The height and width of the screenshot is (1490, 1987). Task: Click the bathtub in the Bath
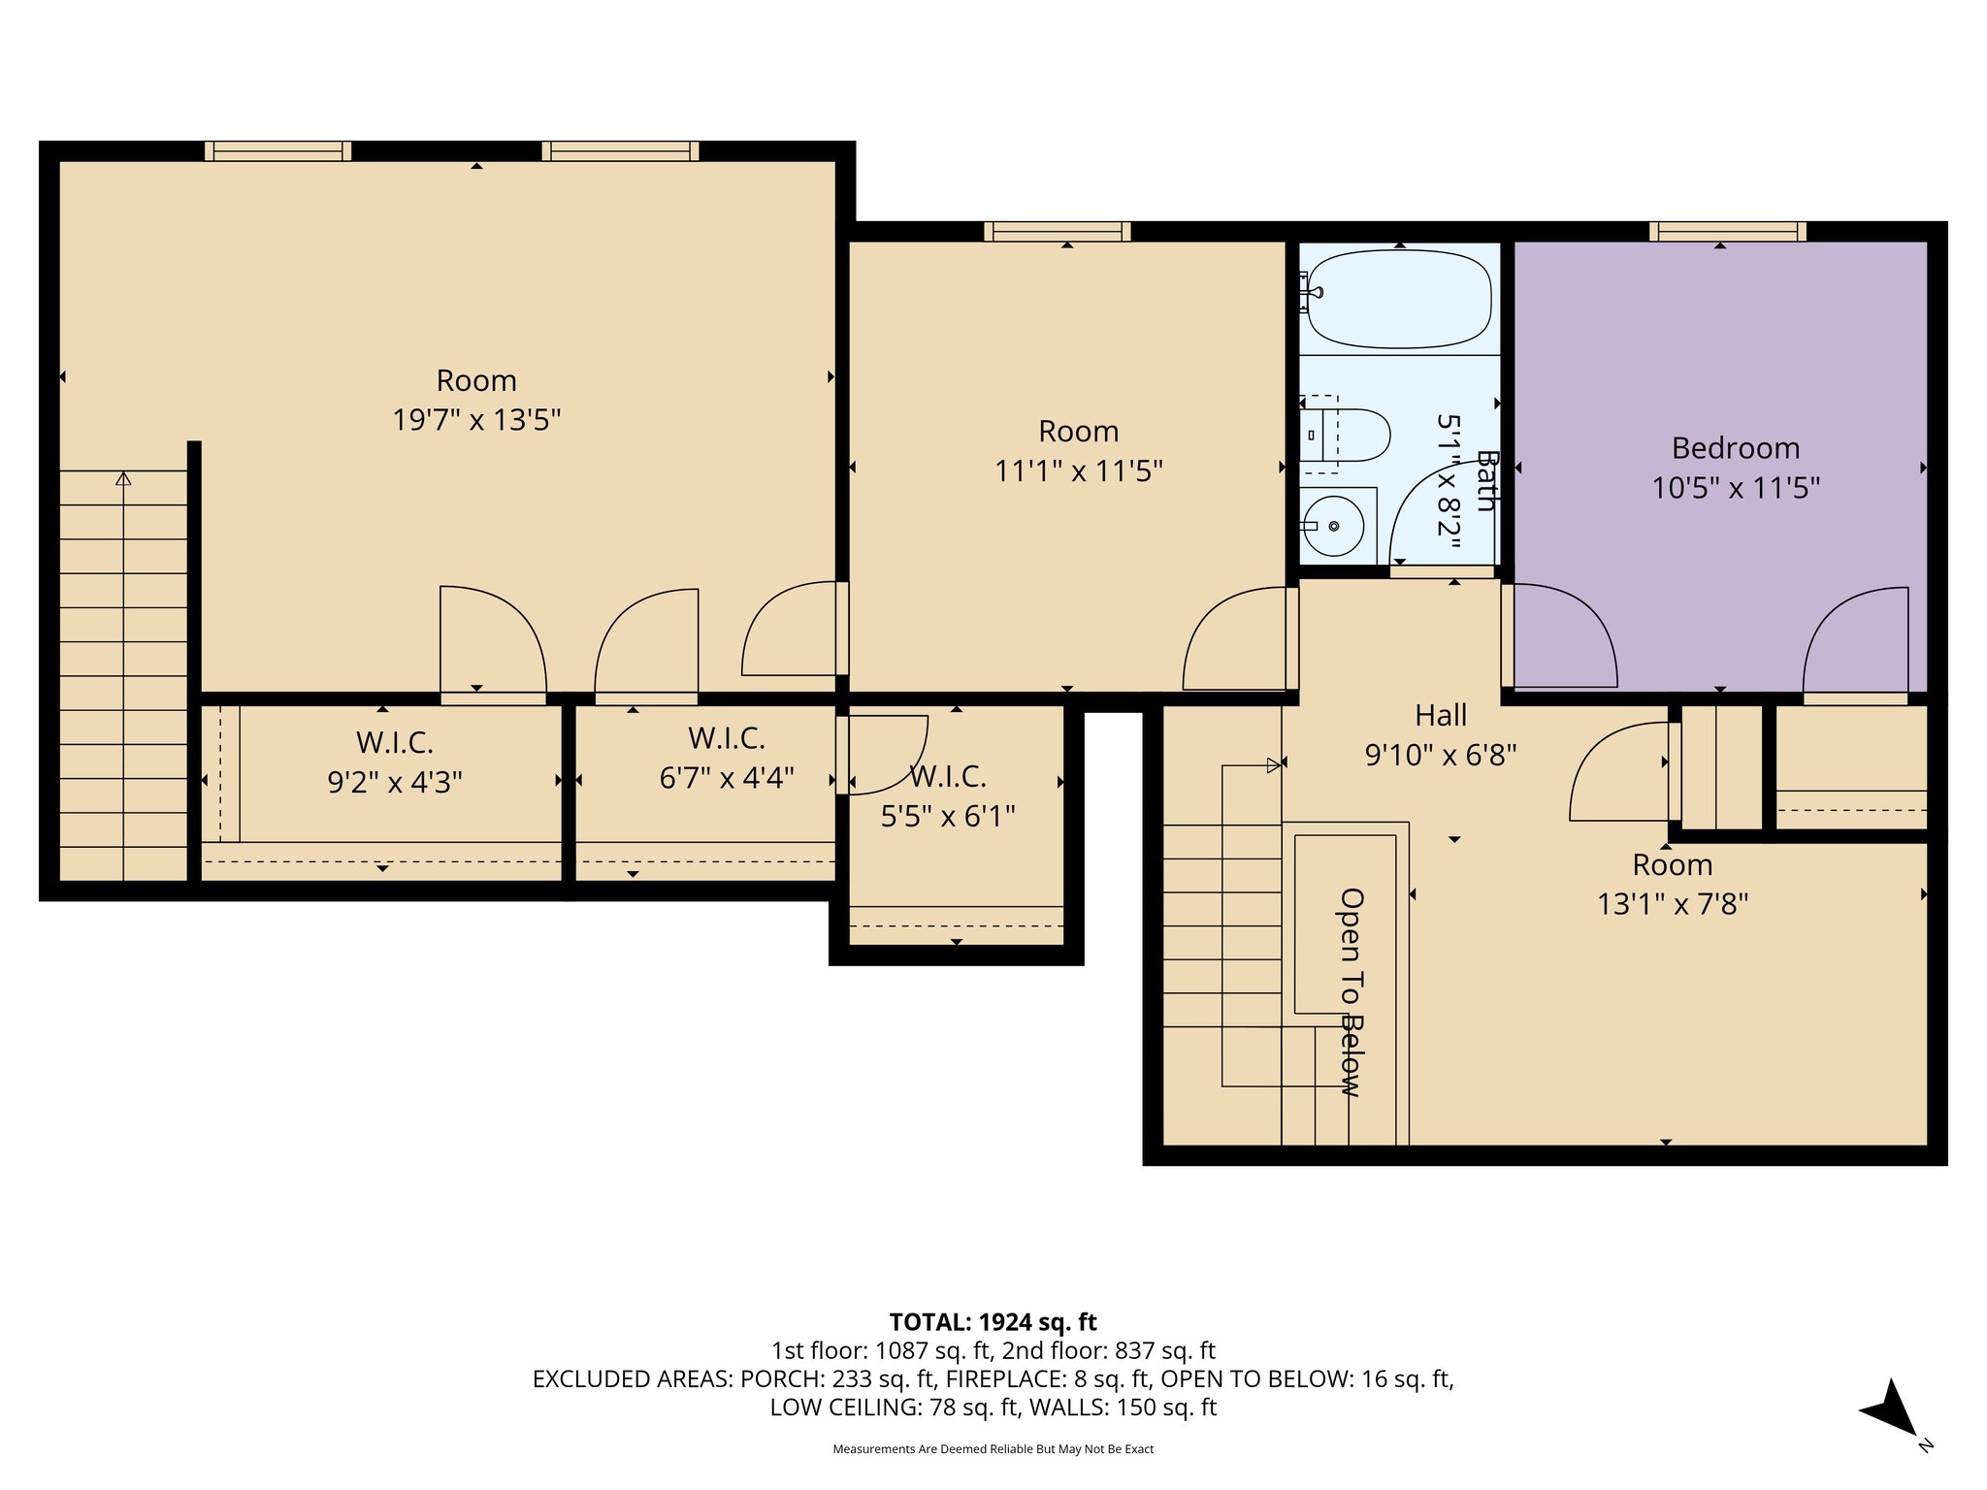(1399, 299)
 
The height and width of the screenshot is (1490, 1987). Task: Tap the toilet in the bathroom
(1353, 436)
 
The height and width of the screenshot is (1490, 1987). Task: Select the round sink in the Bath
(1334, 526)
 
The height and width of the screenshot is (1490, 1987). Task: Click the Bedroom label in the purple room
(1735, 448)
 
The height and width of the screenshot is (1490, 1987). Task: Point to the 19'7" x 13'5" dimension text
(476, 420)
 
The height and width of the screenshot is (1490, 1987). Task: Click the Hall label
(1441, 716)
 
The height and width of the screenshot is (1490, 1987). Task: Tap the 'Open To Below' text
(1352, 991)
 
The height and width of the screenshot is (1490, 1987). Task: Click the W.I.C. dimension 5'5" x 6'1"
(947, 817)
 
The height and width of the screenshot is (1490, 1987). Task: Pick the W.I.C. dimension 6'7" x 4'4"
(727, 778)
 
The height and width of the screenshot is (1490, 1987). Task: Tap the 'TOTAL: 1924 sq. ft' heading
(993, 1322)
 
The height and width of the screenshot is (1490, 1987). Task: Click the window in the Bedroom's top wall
(1727, 231)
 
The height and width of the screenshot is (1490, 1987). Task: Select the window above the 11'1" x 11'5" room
(1057, 231)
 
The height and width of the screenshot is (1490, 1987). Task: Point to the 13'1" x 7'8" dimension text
(1672, 904)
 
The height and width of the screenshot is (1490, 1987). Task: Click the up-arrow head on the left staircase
(123, 478)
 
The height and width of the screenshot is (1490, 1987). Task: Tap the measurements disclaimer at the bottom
(993, 1449)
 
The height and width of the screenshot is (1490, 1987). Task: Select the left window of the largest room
(277, 150)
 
